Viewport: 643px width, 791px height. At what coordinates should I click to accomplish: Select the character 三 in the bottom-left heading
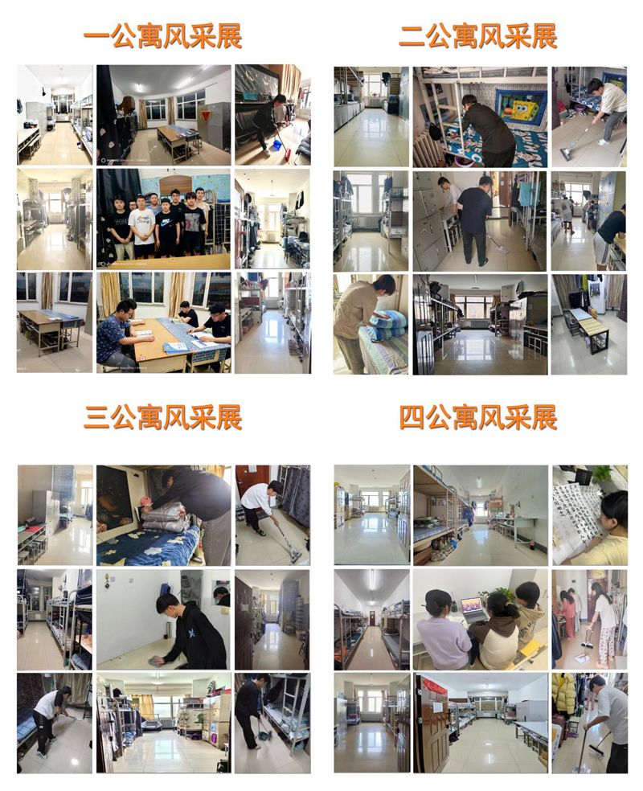click(x=96, y=418)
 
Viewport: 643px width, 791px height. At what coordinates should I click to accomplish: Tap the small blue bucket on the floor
click(x=276, y=145)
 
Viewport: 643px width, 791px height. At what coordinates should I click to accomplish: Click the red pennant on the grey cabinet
click(x=205, y=117)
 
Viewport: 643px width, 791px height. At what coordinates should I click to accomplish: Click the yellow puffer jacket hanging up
click(x=564, y=694)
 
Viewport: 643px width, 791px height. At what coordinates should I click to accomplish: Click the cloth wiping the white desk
click(x=155, y=661)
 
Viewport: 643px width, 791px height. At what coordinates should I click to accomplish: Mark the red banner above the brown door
click(x=435, y=686)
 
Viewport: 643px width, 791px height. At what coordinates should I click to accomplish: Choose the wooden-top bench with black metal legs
click(x=587, y=327)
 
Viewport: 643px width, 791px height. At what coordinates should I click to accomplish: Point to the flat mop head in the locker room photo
click(x=501, y=248)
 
